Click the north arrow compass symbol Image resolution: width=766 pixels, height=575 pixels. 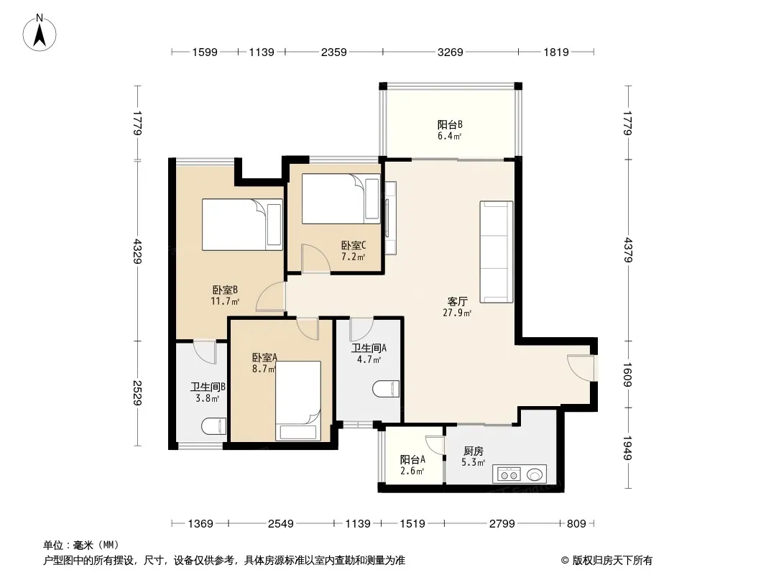[x=40, y=33]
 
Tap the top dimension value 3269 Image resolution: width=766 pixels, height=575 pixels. [x=450, y=52]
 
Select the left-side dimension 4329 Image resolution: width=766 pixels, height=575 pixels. [x=137, y=251]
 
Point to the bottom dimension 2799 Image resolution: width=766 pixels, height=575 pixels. [x=502, y=524]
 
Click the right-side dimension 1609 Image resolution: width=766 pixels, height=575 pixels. [x=628, y=374]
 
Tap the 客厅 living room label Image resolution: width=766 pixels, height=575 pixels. [x=457, y=301]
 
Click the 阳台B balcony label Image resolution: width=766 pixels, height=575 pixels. [x=450, y=124]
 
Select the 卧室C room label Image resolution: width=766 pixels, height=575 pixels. [x=354, y=245]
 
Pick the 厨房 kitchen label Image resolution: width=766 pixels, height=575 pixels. [x=474, y=451]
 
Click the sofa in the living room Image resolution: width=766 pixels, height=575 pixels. [x=497, y=252]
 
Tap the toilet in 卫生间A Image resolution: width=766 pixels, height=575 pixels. [x=386, y=389]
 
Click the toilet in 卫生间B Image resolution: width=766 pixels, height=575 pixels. [x=214, y=426]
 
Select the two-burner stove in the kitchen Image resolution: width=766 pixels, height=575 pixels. [x=509, y=474]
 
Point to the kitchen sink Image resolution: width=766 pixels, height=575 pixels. [x=535, y=474]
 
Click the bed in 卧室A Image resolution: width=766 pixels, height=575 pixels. [x=298, y=400]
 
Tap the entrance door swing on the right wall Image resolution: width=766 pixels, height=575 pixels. [x=581, y=367]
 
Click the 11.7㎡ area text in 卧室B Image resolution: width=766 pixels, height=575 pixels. [x=225, y=301]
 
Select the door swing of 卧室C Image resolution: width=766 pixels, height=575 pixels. [x=315, y=259]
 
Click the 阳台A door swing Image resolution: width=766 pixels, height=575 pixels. [x=434, y=446]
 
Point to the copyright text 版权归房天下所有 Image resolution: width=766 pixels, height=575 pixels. [x=612, y=561]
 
